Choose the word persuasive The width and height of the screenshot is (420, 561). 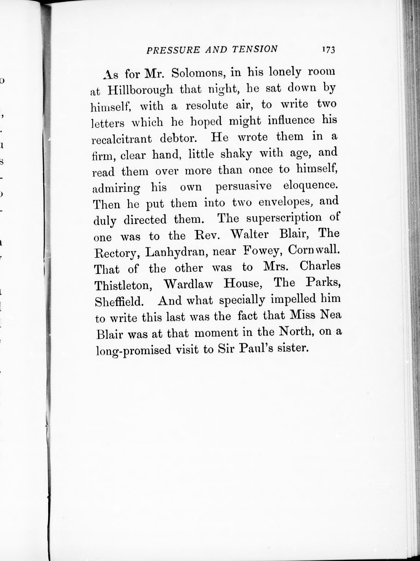(243, 187)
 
